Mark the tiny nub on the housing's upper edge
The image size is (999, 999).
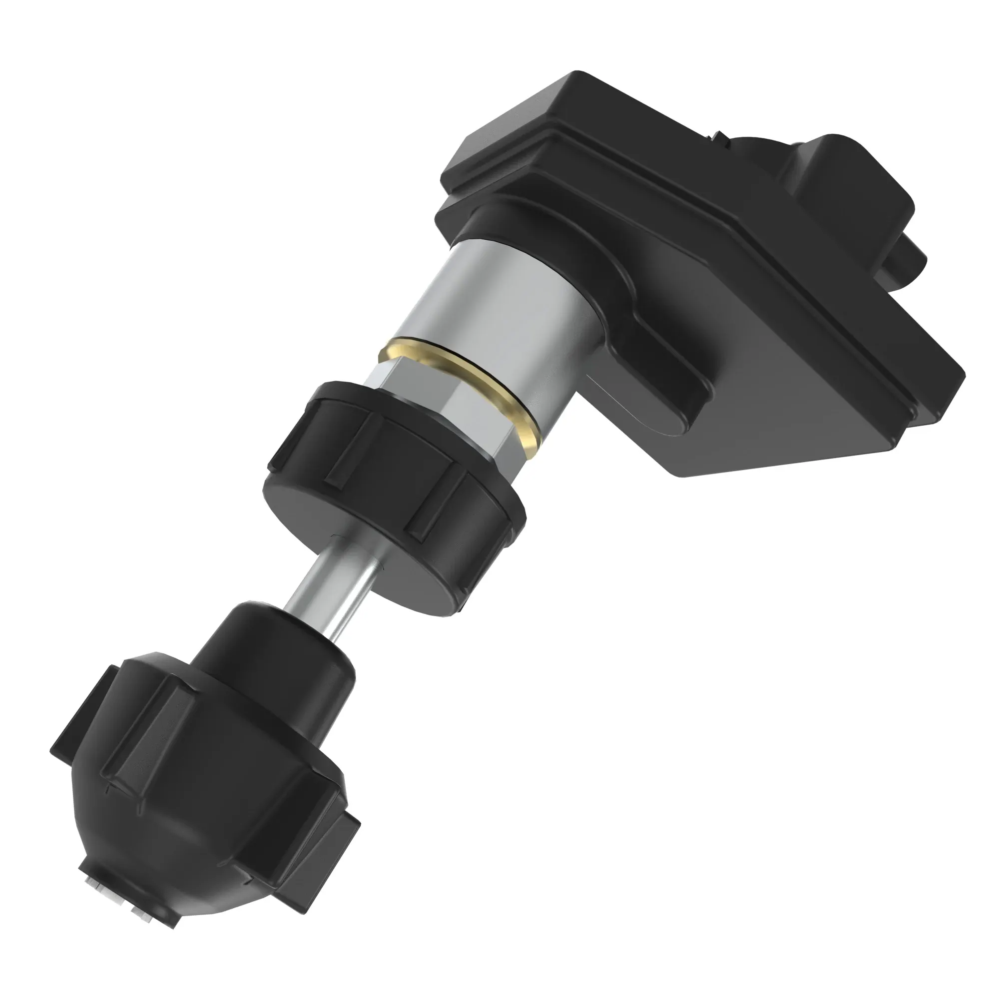pos(719,136)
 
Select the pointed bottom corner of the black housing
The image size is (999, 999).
pos(677,468)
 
